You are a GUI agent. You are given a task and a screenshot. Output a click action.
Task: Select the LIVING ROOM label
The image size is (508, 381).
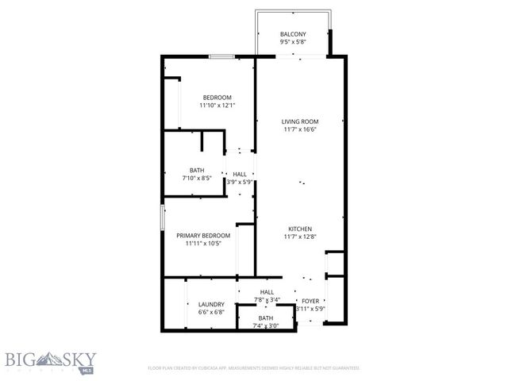[300, 121]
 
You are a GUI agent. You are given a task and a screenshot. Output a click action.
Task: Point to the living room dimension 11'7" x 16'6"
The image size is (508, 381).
[300, 130]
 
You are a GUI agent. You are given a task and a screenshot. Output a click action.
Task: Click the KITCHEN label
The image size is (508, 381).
[300, 228]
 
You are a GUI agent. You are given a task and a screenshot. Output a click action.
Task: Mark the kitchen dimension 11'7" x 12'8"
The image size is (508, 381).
[300, 237]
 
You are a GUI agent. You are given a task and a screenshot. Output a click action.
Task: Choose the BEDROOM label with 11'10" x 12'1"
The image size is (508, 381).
[216, 97]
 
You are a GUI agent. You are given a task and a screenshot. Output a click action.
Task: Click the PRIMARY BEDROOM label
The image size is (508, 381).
[203, 235]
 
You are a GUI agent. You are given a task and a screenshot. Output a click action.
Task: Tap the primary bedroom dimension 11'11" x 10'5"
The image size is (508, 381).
[203, 244]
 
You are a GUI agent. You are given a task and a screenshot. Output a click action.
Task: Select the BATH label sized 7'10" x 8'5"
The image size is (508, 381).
[197, 170]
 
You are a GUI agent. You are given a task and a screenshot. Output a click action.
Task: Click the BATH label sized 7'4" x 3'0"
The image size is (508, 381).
[265, 317]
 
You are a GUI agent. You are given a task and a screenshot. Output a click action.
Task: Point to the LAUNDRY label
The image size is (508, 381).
[211, 304]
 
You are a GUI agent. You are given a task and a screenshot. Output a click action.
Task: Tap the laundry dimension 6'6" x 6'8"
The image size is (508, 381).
[211, 313]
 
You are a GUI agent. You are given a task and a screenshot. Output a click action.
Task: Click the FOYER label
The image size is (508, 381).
[310, 302]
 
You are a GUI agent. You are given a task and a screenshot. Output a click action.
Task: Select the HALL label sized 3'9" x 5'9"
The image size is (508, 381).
[239, 174]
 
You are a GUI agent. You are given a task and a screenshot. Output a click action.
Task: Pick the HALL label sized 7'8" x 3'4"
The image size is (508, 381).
[267, 291]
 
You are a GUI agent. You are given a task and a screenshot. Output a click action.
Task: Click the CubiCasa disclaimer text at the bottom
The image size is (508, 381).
[254, 368]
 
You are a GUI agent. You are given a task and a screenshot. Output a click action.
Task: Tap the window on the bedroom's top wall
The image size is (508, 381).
[221, 56]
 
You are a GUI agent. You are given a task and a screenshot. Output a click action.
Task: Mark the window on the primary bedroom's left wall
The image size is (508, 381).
[163, 217]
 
